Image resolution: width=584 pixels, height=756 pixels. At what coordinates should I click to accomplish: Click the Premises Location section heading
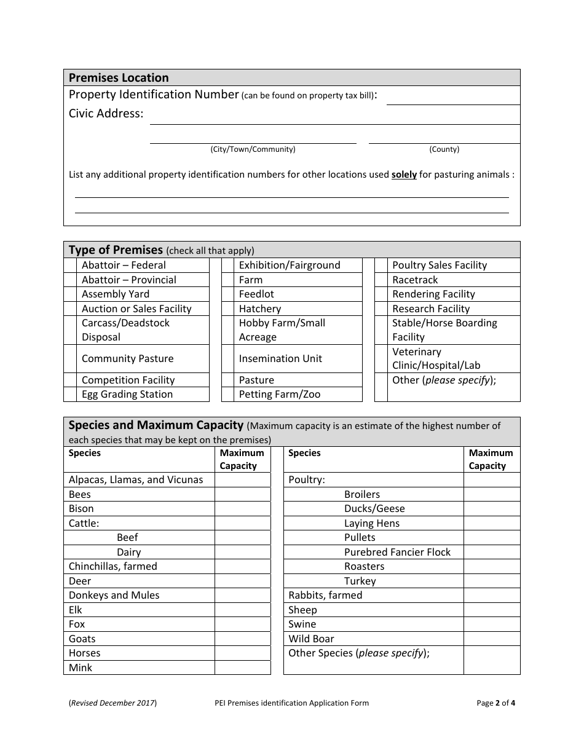pyautogui.click(x=119, y=77)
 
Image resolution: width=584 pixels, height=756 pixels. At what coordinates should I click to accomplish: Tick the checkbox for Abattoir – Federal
pyautogui.click(x=70, y=265)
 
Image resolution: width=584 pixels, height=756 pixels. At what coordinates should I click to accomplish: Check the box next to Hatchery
pyautogui.click(x=227, y=309)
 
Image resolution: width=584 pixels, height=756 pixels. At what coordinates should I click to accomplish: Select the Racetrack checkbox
pyautogui.click(x=381, y=280)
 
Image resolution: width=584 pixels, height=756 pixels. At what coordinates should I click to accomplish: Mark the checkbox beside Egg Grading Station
pyautogui.click(x=70, y=395)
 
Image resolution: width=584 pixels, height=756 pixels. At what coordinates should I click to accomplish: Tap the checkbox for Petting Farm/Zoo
pyautogui.click(x=227, y=395)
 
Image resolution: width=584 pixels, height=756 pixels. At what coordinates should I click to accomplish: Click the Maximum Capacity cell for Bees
pyautogui.click(x=242, y=494)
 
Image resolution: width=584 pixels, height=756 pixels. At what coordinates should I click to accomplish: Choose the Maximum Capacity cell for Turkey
pyautogui.click(x=491, y=581)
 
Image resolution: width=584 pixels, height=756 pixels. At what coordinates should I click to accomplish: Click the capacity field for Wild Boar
pyautogui.click(x=491, y=639)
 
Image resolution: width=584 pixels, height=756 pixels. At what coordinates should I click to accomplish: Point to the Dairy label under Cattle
pyautogui.click(x=128, y=552)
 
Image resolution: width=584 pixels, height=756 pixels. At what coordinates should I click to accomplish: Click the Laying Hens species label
pyautogui.click(x=371, y=523)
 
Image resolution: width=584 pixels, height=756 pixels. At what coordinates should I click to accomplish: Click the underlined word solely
pyautogui.click(x=404, y=175)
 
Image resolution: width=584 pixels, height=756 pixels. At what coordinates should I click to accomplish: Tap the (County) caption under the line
pyautogui.click(x=444, y=149)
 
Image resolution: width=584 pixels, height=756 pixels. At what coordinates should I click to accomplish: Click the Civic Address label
pyautogui.click(x=106, y=114)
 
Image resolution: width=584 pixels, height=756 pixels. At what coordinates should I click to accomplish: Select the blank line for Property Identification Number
pyautogui.click(x=452, y=99)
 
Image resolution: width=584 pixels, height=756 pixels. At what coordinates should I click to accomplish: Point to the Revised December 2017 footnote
pyautogui.click(x=112, y=703)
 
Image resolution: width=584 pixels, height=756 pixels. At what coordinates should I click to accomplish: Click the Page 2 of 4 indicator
pyautogui.click(x=495, y=703)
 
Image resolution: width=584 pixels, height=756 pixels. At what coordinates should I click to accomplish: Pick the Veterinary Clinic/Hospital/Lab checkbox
pyautogui.click(x=381, y=358)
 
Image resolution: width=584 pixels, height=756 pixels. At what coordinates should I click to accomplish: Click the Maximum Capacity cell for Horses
pyautogui.click(x=242, y=653)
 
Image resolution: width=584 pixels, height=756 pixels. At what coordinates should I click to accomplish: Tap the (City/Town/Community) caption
pyautogui.click(x=253, y=149)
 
